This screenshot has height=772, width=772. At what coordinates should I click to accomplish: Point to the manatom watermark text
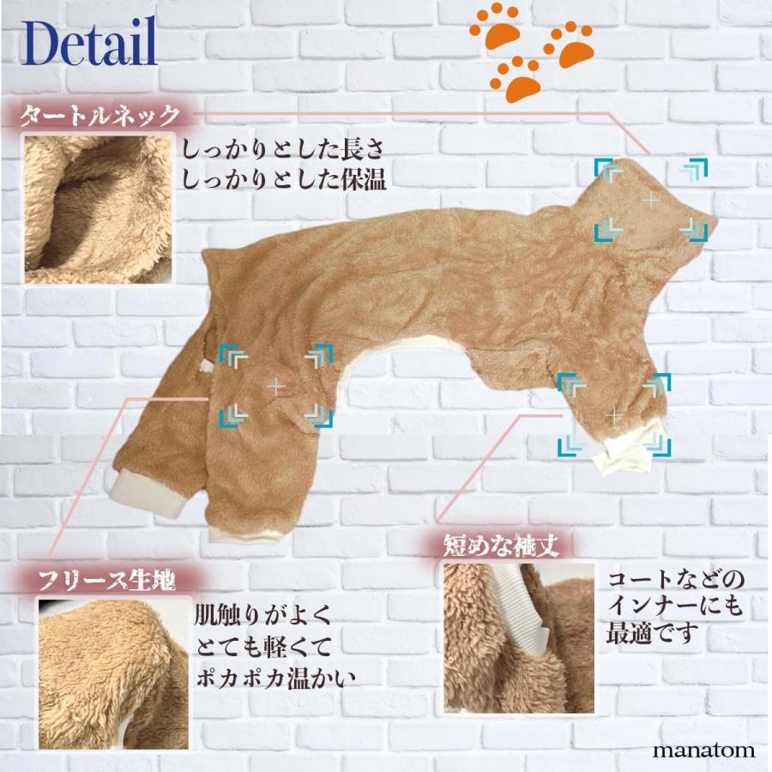703,750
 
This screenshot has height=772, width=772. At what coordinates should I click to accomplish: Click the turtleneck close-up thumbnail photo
97,208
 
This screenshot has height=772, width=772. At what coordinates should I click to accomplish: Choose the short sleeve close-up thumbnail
519,637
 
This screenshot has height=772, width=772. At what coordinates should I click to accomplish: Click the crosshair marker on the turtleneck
651,200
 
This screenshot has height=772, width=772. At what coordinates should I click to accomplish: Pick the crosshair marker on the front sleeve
612,415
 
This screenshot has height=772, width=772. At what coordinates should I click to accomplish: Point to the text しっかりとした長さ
283,148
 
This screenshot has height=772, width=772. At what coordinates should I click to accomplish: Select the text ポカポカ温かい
274,676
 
